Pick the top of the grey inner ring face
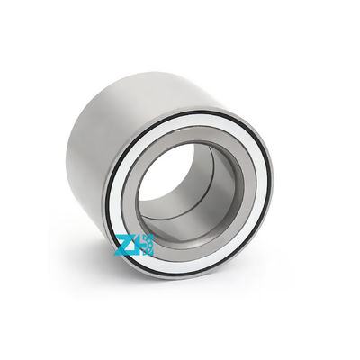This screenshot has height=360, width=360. (194, 137)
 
